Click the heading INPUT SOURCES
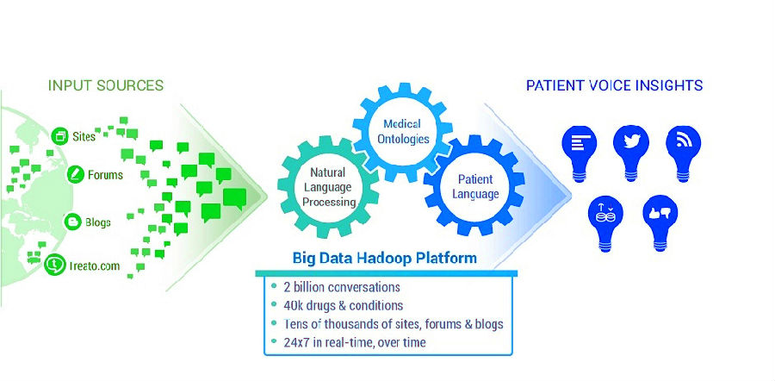(106, 85)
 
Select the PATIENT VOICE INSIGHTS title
(614, 85)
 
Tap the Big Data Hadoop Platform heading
(384, 258)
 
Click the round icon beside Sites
(60, 135)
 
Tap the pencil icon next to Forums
(75, 175)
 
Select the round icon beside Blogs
(72, 222)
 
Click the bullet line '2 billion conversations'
(341, 287)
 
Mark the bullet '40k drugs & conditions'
(343, 305)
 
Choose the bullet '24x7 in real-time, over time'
(354, 342)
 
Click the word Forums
(105, 175)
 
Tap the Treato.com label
(95, 265)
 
